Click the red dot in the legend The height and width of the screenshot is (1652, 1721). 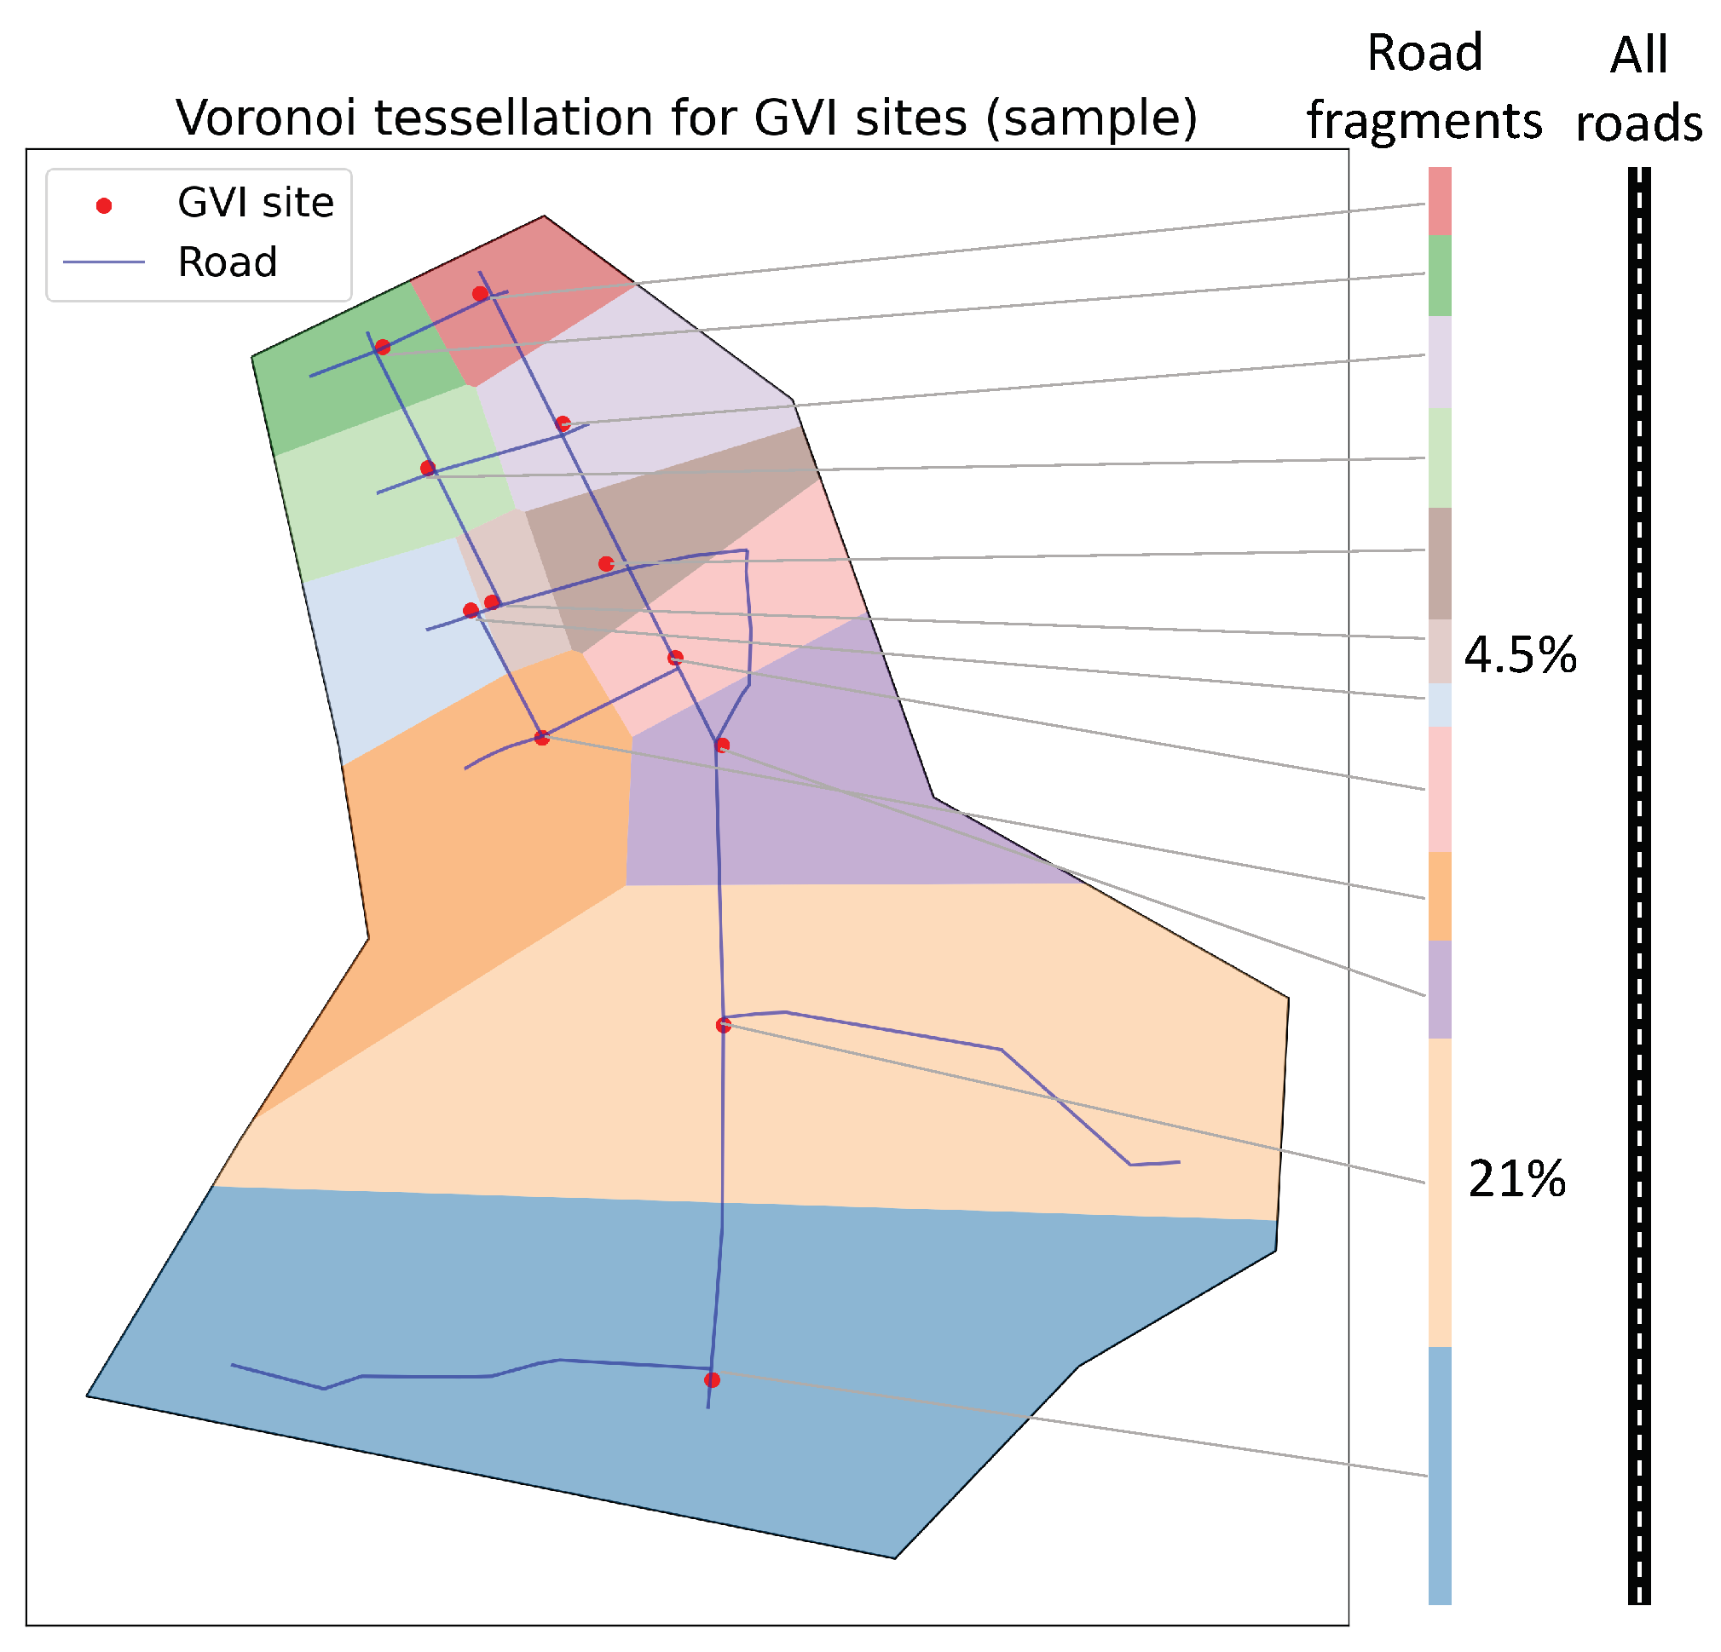pyautogui.click(x=104, y=206)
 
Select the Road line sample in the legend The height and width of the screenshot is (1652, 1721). pyautogui.click(x=104, y=262)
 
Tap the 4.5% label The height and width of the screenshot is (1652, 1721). pyautogui.click(x=1520, y=656)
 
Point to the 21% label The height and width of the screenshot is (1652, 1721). pyautogui.click(x=1516, y=1179)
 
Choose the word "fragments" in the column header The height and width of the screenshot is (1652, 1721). pyautogui.click(x=1424, y=120)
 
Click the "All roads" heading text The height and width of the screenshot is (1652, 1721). pyautogui.click(x=1638, y=89)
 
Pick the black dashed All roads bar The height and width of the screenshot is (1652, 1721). pyautogui.click(x=1639, y=878)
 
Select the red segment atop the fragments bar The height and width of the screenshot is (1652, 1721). pyautogui.click(x=1440, y=200)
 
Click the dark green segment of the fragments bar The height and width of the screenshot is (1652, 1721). pyautogui.click(x=1440, y=274)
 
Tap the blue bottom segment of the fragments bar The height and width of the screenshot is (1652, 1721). pyautogui.click(x=1440, y=1475)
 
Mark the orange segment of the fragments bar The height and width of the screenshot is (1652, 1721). pyautogui.click(x=1440, y=895)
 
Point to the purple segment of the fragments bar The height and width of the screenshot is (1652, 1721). pyautogui.click(x=1440, y=989)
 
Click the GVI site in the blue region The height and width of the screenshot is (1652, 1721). pyautogui.click(x=712, y=1380)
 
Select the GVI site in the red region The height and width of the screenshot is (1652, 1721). pyautogui.click(x=480, y=294)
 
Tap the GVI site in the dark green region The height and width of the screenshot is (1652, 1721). pyautogui.click(x=383, y=348)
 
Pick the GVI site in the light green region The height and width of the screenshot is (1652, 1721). pyautogui.click(x=428, y=469)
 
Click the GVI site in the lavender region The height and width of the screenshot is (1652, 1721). pyautogui.click(x=563, y=424)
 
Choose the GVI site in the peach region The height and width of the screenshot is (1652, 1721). pyautogui.click(x=724, y=1024)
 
